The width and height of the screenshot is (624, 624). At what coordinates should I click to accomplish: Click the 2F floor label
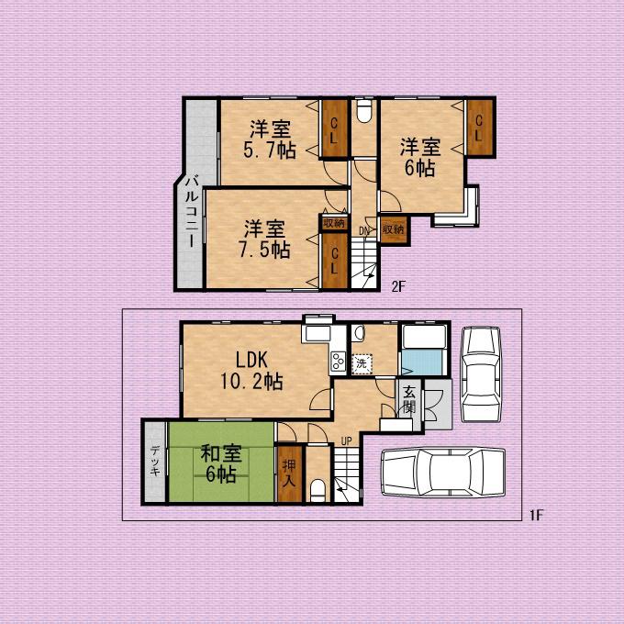point(398,286)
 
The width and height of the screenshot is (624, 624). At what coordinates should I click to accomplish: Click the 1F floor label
point(536,516)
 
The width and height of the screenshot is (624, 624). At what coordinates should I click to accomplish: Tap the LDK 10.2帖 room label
point(251,371)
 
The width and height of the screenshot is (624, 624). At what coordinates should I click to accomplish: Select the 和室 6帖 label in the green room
point(221,463)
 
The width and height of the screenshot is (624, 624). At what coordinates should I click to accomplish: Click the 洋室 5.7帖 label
point(270,139)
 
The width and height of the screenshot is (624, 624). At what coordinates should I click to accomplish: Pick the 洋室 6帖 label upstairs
point(420,157)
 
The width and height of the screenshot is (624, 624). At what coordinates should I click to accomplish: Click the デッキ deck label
point(155,461)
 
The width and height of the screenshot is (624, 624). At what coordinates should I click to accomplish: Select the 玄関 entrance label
point(409,400)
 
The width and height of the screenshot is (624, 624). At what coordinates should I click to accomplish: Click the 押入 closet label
point(289,474)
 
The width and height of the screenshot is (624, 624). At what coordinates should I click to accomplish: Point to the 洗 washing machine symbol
point(362,363)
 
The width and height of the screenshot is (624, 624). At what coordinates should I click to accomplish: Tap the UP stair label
point(346,441)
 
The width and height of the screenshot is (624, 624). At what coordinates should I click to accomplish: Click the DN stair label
point(363,231)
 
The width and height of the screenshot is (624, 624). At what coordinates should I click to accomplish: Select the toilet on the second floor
point(363,111)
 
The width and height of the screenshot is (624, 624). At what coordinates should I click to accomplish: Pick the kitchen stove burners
point(339,362)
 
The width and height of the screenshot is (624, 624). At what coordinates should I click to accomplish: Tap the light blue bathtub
point(423,362)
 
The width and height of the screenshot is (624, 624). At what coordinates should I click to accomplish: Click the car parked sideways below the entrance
point(443,473)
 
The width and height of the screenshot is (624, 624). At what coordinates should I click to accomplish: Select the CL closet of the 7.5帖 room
point(334,261)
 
